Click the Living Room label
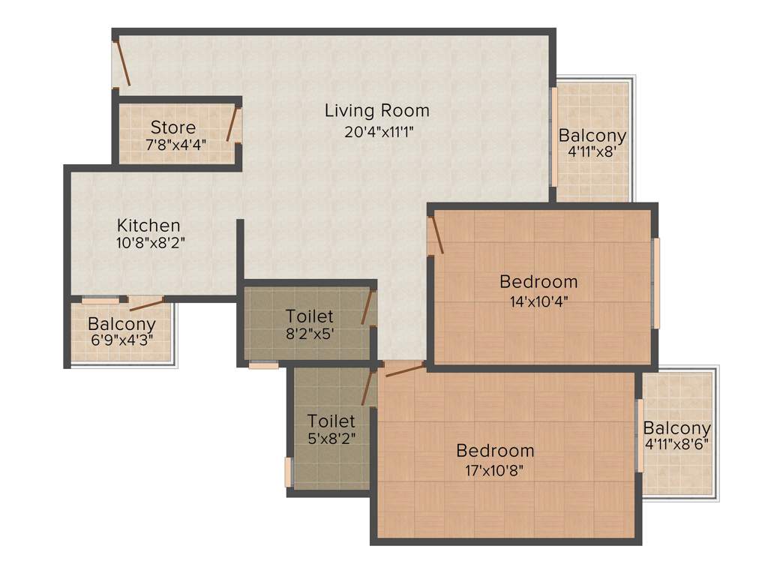(x=376, y=111)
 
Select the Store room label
(x=172, y=127)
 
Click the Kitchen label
(x=148, y=225)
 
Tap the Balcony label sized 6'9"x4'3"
(x=121, y=324)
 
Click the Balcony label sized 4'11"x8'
(x=592, y=136)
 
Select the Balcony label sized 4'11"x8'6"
(x=676, y=428)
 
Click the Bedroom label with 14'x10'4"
(x=538, y=282)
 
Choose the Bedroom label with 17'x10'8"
(x=495, y=451)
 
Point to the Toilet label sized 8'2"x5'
(x=309, y=316)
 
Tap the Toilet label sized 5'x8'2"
(x=331, y=421)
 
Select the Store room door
(x=234, y=125)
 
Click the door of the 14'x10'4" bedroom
(x=436, y=235)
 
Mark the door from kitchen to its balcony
(x=146, y=303)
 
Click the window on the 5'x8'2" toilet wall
(x=288, y=472)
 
